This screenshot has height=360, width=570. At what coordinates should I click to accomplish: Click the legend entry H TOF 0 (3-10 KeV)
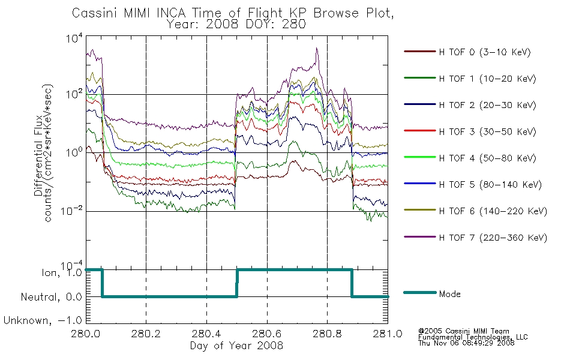(485, 52)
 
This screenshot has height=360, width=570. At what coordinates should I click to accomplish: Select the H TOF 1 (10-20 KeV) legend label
(487, 79)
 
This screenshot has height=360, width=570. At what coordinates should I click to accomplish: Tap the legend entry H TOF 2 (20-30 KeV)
(487, 105)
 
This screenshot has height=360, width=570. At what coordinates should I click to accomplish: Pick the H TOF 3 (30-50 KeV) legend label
(487, 131)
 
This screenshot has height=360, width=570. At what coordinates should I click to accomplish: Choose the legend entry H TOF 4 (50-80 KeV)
(487, 158)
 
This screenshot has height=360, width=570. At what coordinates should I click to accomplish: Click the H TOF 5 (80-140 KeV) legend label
(490, 185)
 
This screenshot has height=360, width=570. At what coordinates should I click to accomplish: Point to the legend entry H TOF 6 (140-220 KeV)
(493, 211)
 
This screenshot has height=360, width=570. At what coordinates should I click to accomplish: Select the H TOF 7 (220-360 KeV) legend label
(493, 238)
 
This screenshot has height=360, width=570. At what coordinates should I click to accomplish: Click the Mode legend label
(449, 294)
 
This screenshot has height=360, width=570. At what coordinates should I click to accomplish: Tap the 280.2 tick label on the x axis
(146, 334)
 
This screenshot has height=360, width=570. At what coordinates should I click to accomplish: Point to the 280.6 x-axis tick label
(267, 334)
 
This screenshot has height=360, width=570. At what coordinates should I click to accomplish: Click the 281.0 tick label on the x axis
(388, 334)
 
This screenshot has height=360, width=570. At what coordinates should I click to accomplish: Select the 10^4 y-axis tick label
(74, 38)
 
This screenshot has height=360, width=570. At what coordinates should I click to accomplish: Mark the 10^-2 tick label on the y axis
(71, 211)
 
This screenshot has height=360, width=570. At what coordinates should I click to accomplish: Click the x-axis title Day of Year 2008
(236, 346)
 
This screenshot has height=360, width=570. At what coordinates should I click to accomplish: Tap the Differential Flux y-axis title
(38, 155)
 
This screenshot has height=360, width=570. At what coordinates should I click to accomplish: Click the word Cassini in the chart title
(95, 13)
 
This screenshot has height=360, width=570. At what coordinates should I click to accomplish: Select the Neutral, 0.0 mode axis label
(51, 297)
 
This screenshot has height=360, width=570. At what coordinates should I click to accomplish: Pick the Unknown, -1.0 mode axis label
(43, 320)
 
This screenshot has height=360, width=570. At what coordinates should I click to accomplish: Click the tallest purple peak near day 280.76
(317, 48)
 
